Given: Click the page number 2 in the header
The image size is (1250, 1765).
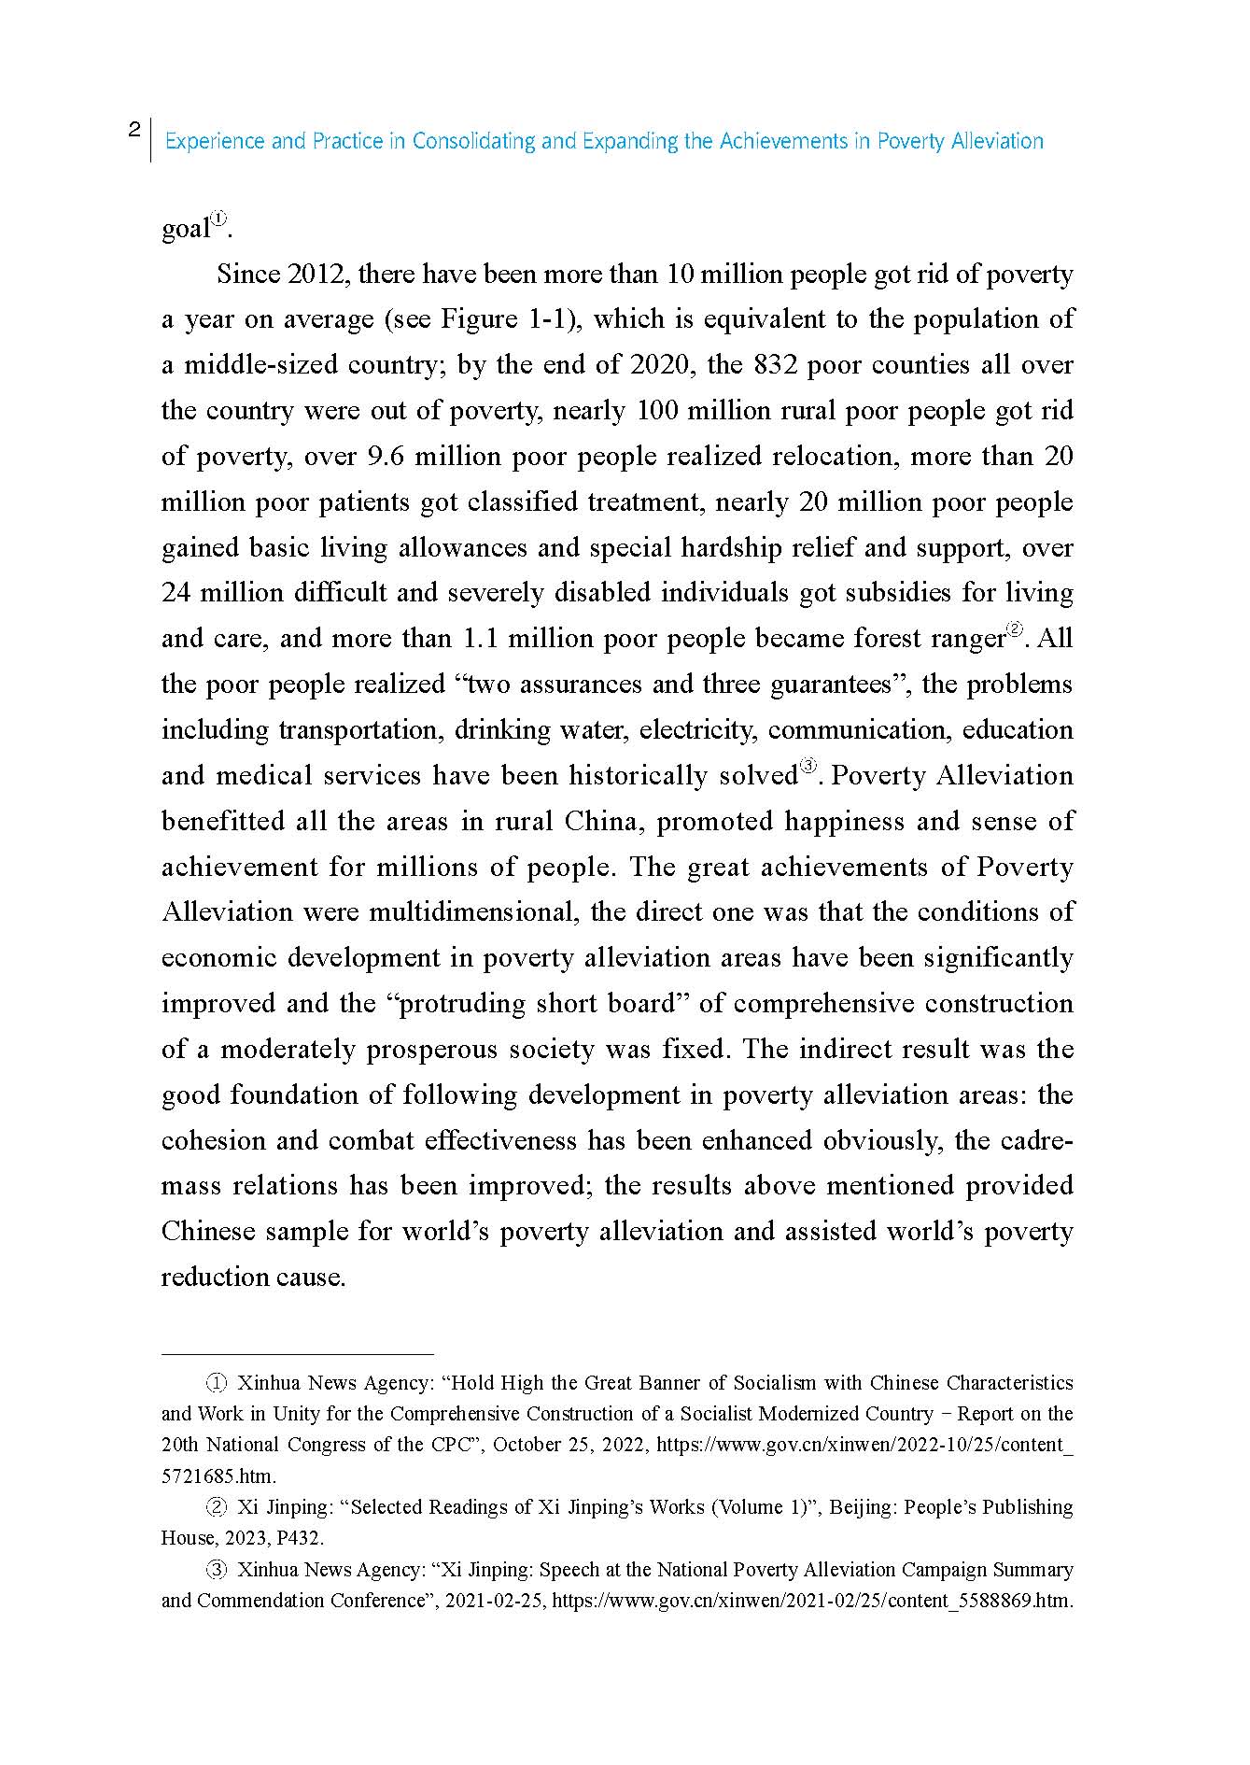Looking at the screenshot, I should point(134,130).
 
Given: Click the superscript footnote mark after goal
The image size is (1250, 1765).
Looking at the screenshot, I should point(218,219).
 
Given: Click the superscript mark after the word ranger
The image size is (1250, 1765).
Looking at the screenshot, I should point(1015,629).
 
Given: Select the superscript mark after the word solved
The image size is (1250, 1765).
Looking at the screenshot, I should point(808,768).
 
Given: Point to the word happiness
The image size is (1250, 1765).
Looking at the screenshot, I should point(825,822).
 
